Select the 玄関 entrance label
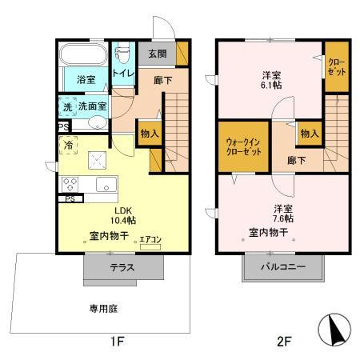click(157, 54)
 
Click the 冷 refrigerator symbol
click(69, 146)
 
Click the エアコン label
click(150, 238)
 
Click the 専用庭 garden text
click(104, 307)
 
